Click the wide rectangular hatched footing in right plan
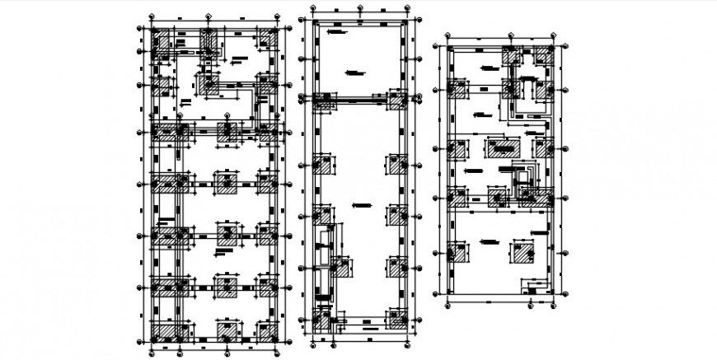(x=501, y=148)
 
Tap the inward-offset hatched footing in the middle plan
(x=340, y=269)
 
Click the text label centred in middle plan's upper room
(x=354, y=72)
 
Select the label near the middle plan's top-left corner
(x=335, y=31)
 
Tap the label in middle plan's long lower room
(x=359, y=203)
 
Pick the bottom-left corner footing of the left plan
(x=162, y=332)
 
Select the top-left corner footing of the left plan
(x=162, y=41)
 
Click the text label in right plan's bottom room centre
(x=489, y=241)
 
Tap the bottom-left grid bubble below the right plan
(x=448, y=305)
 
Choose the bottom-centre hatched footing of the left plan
(x=225, y=332)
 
